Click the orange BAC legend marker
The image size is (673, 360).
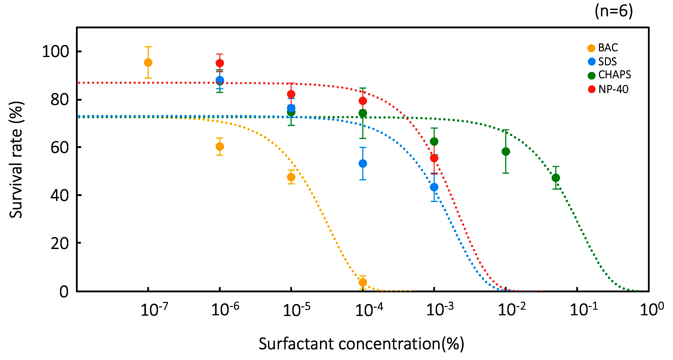point(591,48)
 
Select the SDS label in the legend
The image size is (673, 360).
point(607,62)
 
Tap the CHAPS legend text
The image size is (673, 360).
point(614,75)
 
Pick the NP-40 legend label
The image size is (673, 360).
point(613,89)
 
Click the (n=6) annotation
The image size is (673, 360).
point(614,11)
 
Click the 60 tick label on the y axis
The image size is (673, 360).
point(60,147)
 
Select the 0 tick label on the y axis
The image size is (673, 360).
point(64,292)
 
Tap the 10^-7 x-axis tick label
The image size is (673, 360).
point(154,310)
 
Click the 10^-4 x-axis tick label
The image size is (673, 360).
point(369,310)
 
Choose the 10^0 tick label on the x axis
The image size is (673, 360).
point(652,310)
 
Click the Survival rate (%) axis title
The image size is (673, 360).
point(16,160)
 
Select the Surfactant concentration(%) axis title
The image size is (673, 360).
point(361,344)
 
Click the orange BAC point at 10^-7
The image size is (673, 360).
point(148,63)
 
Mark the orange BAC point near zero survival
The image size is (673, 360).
point(363,283)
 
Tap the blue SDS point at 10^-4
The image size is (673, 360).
point(363,164)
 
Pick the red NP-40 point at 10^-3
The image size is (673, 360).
point(434,158)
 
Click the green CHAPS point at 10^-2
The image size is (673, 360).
point(506,152)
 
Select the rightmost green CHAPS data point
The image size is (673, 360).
point(556,178)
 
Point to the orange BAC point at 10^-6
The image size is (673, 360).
point(220,147)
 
